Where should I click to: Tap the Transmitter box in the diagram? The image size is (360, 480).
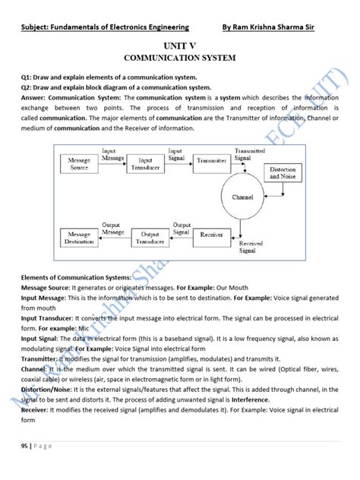[x=211, y=161]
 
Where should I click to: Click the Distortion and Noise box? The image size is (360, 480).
[x=282, y=173]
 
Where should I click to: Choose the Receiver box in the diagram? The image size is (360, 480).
[x=211, y=235]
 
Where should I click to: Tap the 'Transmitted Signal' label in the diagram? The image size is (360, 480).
[x=250, y=154]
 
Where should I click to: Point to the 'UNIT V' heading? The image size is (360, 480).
[x=179, y=46]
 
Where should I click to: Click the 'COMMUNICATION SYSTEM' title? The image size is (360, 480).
[x=179, y=58]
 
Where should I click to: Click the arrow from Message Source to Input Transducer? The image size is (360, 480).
[x=110, y=162]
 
